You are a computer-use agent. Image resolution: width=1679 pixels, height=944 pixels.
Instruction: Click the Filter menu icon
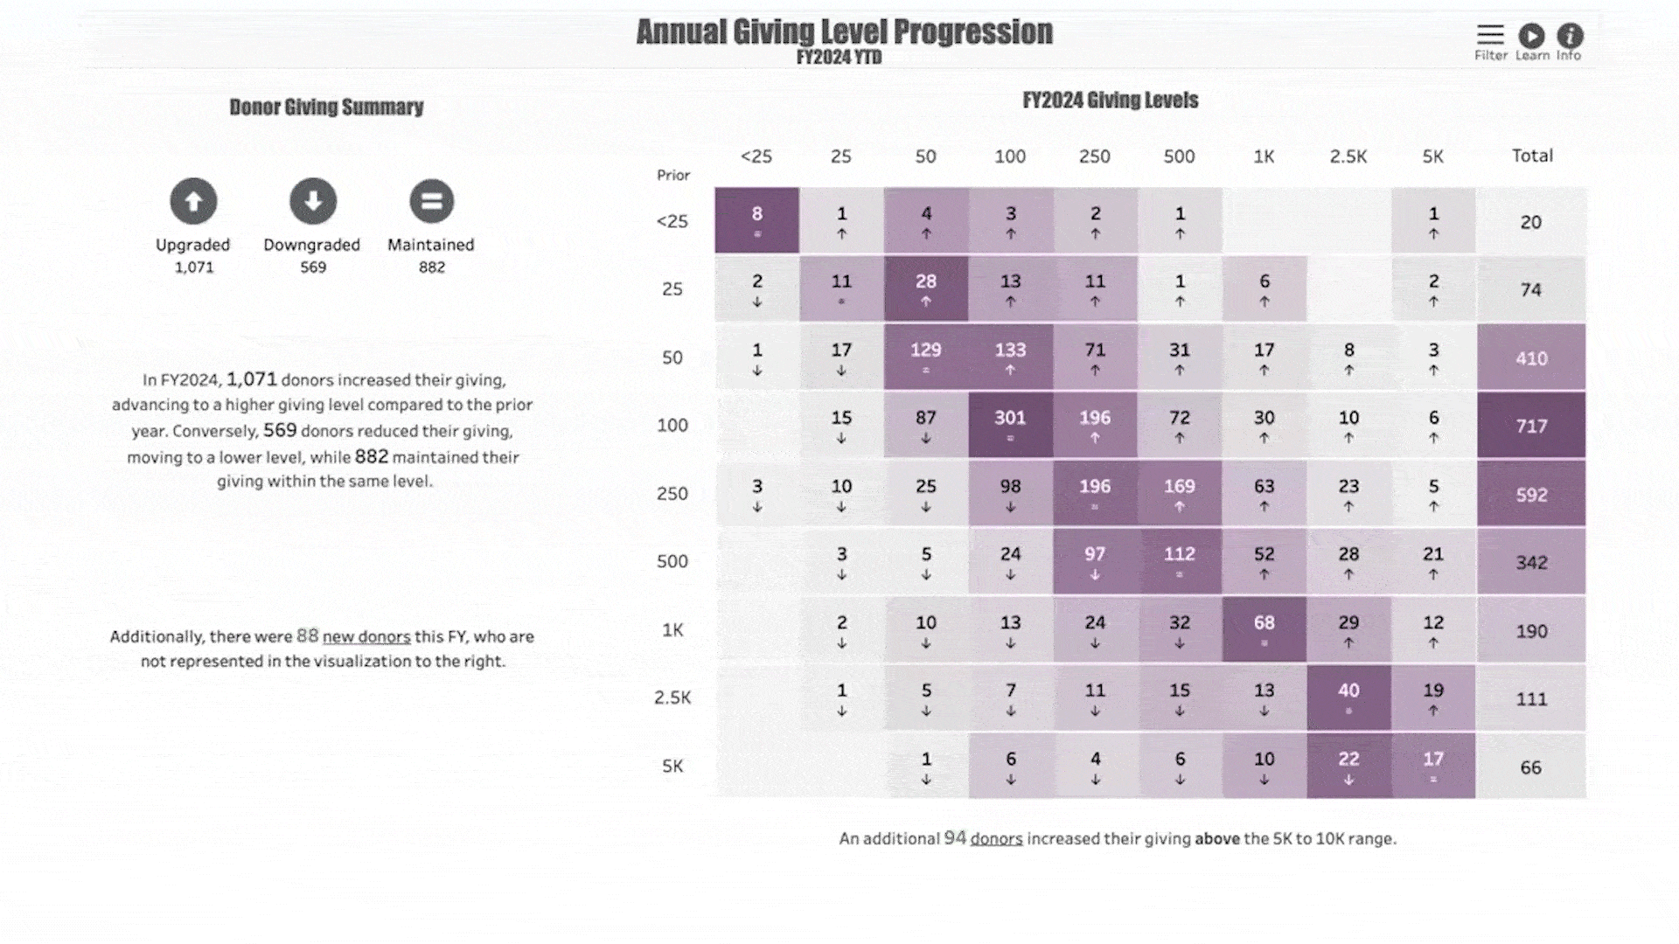coord(1490,35)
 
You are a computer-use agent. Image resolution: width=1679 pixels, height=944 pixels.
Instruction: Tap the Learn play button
coord(1531,36)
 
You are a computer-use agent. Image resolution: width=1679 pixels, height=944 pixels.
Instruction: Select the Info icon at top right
coord(1570,36)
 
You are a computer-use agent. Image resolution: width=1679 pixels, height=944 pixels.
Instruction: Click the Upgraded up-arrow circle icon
coord(193,201)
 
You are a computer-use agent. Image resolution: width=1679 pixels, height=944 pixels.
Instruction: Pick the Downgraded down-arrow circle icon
coord(313,201)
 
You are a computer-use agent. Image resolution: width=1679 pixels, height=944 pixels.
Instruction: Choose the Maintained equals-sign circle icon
coord(431,201)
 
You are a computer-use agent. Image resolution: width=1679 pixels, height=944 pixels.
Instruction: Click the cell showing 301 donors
coord(1010,425)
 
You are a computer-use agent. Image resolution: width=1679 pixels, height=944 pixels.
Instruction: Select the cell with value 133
coord(1010,357)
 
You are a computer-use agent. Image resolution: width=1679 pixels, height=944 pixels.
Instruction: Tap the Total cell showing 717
coord(1531,426)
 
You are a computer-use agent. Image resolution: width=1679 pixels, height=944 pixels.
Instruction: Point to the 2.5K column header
coord(1348,156)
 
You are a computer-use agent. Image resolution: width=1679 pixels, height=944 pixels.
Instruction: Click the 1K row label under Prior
coord(672,630)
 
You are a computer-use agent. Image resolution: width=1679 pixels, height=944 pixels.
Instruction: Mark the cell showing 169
coord(1179,493)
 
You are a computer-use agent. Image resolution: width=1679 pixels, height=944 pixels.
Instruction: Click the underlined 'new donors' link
coord(366,637)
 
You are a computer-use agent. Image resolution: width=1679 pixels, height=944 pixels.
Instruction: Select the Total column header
coord(1532,156)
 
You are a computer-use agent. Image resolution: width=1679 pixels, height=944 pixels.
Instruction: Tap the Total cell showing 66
coord(1530,767)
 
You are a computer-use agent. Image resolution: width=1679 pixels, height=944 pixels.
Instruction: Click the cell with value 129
coord(925,357)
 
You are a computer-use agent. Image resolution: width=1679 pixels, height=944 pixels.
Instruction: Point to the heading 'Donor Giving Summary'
coord(326,107)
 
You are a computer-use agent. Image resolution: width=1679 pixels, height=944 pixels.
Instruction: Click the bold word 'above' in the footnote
coord(1217,839)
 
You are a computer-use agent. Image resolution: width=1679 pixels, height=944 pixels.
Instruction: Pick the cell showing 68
coord(1264,629)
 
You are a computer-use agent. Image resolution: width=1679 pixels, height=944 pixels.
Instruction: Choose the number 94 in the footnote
coord(955,838)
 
